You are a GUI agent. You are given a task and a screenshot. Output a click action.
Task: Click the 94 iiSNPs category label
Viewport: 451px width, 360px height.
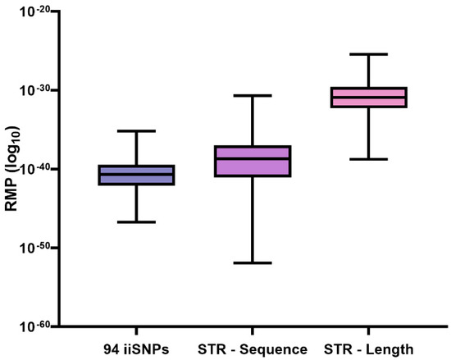pos(135,348)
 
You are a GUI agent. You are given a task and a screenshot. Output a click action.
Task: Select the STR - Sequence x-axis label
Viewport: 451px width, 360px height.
pos(253,348)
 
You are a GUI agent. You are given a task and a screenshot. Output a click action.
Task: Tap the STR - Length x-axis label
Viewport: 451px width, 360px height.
pos(368,348)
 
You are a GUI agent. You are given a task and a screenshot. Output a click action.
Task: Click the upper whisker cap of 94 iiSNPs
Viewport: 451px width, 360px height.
pos(136,131)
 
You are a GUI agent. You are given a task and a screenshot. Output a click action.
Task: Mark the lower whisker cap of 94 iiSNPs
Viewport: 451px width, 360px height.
pos(136,222)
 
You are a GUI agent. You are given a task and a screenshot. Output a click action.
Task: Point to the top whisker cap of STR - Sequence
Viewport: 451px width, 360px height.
pos(253,96)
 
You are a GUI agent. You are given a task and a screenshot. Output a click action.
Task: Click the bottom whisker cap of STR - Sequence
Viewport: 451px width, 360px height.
pos(253,263)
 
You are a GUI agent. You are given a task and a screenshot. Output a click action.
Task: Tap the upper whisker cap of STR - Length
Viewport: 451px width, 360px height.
pos(368,54)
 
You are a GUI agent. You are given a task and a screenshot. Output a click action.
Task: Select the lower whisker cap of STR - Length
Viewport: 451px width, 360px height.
pos(368,159)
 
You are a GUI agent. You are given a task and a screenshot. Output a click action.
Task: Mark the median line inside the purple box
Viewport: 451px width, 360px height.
pos(253,158)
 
